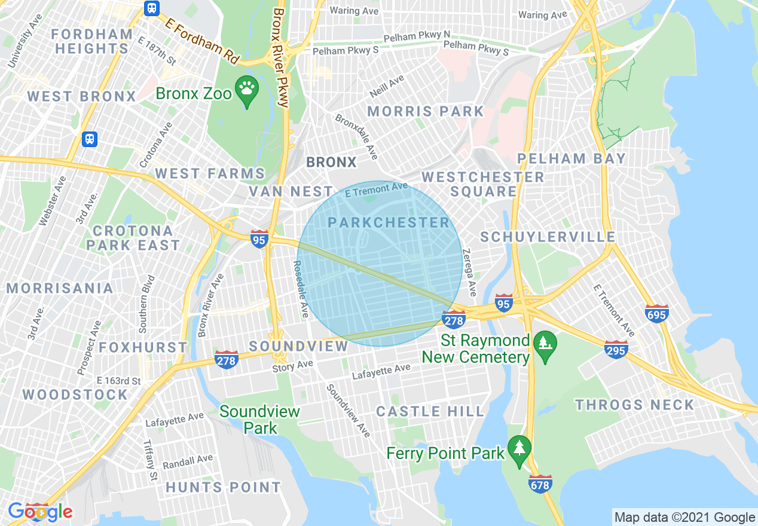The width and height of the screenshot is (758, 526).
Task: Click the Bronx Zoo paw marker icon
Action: click(x=246, y=90)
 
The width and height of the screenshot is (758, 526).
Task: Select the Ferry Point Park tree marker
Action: click(x=519, y=448)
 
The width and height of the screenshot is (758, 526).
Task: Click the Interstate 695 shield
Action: click(x=656, y=313)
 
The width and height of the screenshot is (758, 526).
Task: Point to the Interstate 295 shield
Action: click(x=616, y=350)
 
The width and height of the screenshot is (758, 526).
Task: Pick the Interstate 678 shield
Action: click(x=540, y=484)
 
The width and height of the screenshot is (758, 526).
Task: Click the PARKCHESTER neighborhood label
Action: click(x=389, y=223)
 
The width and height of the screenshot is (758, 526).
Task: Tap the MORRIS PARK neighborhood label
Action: click(x=425, y=111)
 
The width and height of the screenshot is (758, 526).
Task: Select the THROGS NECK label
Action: click(x=634, y=405)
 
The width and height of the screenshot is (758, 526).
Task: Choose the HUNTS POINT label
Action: click(x=223, y=488)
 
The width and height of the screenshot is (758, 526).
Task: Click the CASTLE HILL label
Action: click(x=430, y=411)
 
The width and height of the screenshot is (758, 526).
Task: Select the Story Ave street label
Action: click(x=292, y=366)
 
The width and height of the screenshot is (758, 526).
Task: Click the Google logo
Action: click(x=40, y=512)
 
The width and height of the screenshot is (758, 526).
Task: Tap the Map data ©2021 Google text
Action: click(x=684, y=518)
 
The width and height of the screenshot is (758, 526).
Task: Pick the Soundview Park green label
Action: click(x=259, y=420)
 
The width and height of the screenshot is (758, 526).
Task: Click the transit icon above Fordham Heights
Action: click(x=151, y=8)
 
